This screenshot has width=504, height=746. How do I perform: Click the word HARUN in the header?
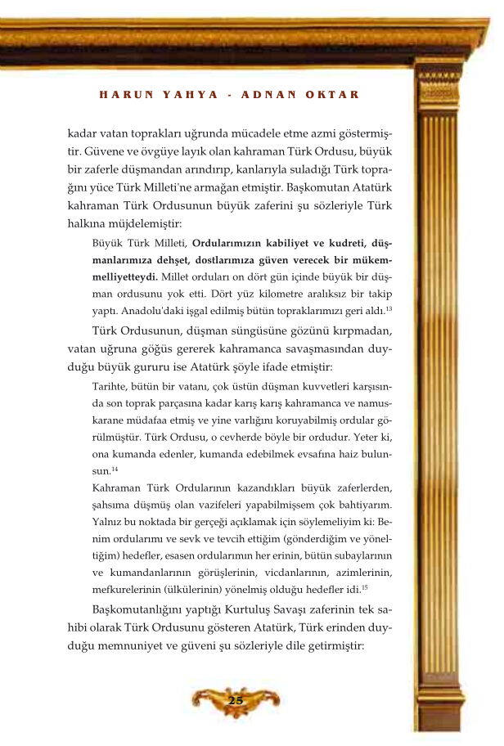coord(122,95)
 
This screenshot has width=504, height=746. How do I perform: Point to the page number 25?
coord(236,700)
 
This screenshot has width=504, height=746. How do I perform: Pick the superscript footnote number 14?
coord(115,469)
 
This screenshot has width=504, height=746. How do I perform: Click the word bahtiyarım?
coord(361,505)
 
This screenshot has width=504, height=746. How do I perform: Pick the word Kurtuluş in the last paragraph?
coord(245,609)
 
